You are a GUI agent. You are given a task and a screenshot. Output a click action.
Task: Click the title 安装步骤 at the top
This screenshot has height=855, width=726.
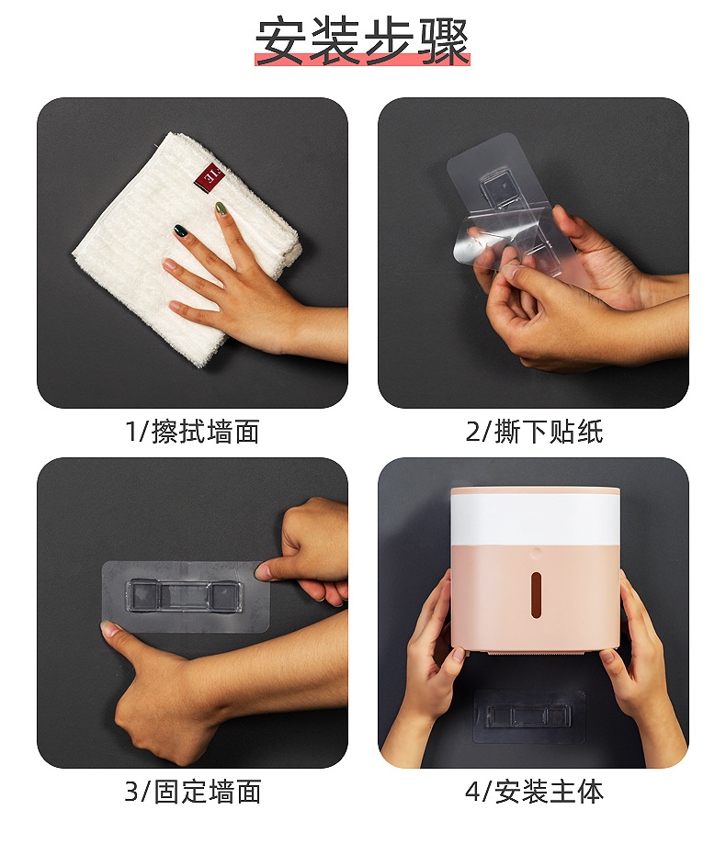coord(362,41)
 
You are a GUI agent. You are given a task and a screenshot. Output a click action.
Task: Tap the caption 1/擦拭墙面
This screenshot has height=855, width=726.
coord(192,432)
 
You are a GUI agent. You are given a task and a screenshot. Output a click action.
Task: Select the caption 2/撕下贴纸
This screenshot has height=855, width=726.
coord(534,432)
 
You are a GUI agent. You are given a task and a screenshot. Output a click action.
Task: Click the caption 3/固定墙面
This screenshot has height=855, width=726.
coord(192,792)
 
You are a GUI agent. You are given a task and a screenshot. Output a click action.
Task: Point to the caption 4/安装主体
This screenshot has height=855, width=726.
coord(534,792)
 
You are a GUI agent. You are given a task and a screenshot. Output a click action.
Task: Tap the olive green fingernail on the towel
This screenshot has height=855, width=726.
coord(221,208)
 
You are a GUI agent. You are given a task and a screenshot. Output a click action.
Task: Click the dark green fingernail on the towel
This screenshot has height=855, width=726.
coord(180,231)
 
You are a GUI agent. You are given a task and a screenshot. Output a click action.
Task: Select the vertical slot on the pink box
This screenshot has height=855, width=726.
coord(536,595)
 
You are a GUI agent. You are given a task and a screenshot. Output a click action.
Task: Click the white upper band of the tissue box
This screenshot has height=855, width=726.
coord(535,519)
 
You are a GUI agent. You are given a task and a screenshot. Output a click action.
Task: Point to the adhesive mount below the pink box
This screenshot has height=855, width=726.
coord(528,716)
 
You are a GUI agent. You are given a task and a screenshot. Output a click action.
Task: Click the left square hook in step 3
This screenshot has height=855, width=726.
coord(143,595)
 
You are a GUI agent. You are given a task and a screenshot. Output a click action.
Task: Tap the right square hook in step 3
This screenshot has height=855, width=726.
coord(225,596)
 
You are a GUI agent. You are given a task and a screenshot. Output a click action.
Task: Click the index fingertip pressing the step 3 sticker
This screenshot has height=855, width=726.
coord(265,572)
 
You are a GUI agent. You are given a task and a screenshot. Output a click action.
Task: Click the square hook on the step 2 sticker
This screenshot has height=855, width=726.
coord(498,188)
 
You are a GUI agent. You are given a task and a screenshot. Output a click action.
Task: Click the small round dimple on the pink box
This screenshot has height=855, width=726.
coord(535,553)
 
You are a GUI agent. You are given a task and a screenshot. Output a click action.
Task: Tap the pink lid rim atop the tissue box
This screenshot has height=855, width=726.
coord(535,490)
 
